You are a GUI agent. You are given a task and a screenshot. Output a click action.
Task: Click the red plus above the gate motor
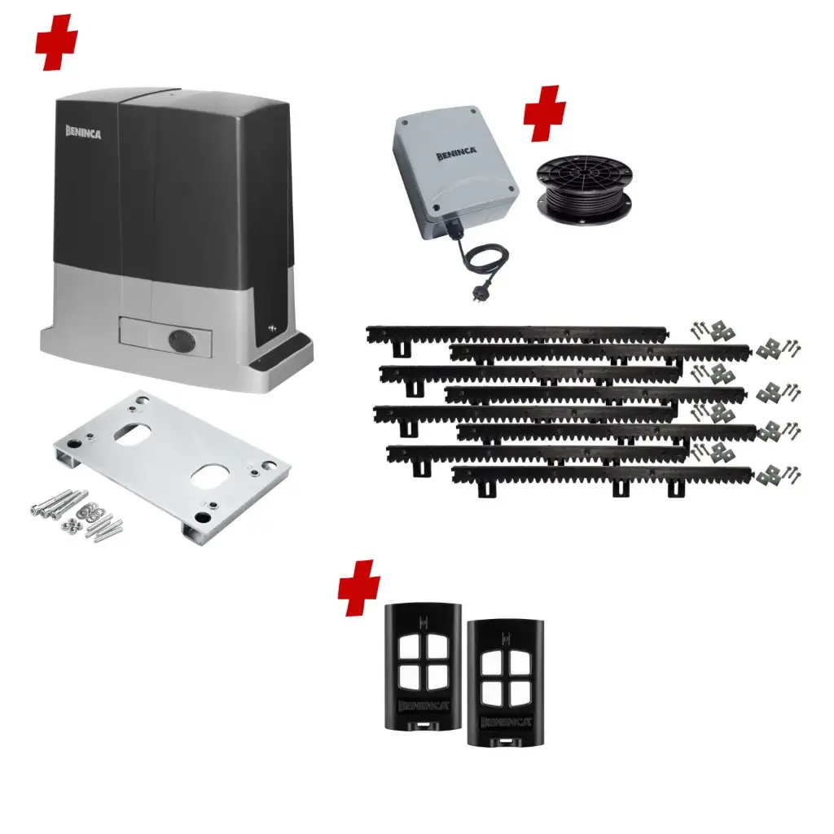click(57, 41)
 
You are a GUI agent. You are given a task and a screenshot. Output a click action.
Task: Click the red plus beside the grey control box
click(544, 112)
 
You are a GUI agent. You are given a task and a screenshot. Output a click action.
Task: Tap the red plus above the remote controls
click(359, 587)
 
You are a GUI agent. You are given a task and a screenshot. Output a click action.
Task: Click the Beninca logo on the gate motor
click(83, 133)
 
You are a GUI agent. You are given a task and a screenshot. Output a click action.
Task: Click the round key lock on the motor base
click(177, 340)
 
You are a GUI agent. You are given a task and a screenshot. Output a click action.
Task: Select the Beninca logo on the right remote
click(506, 722)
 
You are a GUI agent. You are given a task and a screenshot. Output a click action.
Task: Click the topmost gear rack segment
click(517, 333)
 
